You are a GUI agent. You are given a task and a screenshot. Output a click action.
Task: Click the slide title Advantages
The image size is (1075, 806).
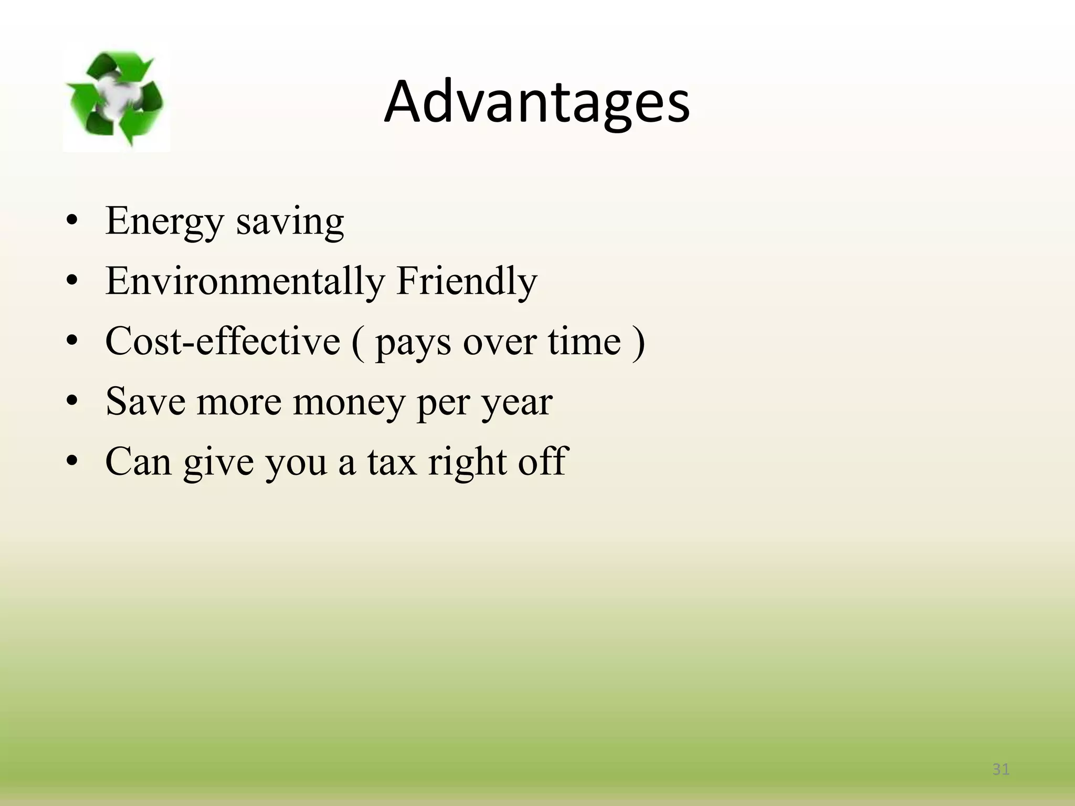click(x=536, y=103)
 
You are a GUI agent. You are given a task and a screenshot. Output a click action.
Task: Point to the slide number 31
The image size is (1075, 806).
click(x=1001, y=769)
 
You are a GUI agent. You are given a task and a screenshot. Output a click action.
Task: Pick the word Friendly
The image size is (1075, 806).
click(x=467, y=281)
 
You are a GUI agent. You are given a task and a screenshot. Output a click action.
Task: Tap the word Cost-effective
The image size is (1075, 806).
click(x=223, y=342)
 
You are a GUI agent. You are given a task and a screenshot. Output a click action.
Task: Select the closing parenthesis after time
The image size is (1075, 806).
click(x=639, y=343)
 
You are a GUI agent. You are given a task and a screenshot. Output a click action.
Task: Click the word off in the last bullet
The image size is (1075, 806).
click(x=543, y=462)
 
